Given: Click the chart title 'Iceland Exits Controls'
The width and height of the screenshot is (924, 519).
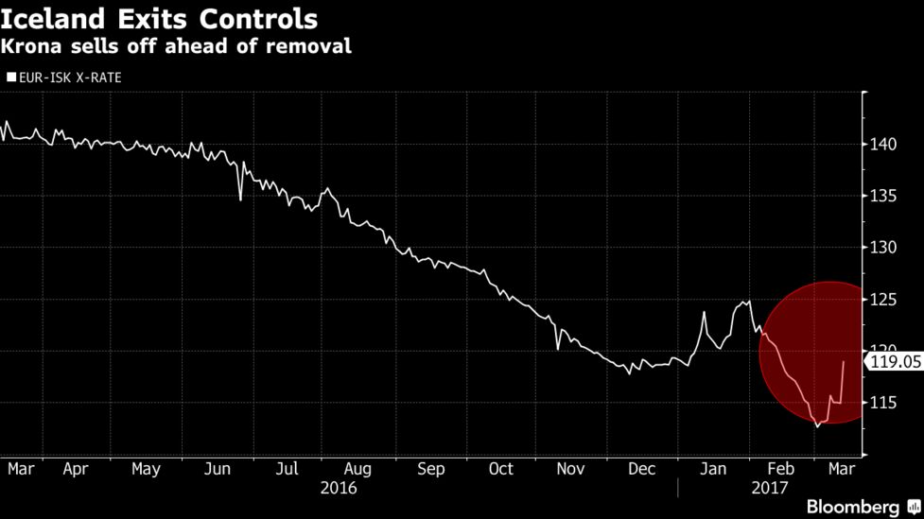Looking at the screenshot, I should pyautogui.click(x=159, y=19).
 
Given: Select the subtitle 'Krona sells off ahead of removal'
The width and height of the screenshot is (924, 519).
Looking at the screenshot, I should pyautogui.click(x=176, y=46).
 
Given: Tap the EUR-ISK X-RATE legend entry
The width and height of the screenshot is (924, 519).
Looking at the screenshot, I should pyautogui.click(x=64, y=78).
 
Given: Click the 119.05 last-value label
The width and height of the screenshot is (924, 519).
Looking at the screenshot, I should pyautogui.click(x=895, y=360).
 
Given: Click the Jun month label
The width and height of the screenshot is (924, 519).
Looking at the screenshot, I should pyautogui.click(x=218, y=469).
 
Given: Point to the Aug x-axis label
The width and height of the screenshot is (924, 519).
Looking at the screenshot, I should pyautogui.click(x=357, y=469).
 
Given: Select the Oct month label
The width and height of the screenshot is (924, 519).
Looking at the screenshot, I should pyautogui.click(x=500, y=469).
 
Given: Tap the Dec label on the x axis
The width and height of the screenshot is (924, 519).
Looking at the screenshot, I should pyautogui.click(x=642, y=469).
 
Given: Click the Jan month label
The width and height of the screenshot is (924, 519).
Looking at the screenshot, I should pyautogui.click(x=714, y=469).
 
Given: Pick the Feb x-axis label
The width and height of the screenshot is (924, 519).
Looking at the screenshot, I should pyautogui.click(x=781, y=469).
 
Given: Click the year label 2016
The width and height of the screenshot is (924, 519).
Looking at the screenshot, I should pyautogui.click(x=338, y=488).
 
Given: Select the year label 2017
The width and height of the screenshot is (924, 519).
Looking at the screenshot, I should pyautogui.click(x=770, y=488).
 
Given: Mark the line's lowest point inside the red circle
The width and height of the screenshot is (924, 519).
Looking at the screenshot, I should pyautogui.click(x=817, y=425).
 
